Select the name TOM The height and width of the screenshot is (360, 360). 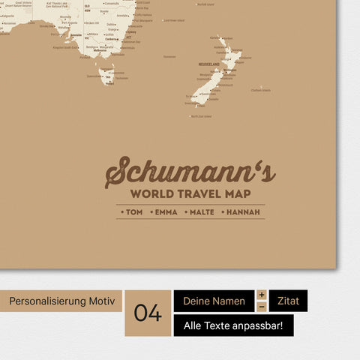(133, 212)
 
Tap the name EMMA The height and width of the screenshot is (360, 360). (166, 212)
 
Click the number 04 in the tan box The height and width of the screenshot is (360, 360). (148, 313)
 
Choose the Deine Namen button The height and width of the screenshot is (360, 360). (214, 301)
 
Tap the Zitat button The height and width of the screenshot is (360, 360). (288, 301)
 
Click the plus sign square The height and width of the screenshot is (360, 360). (262, 295)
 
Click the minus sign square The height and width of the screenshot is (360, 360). (262, 307)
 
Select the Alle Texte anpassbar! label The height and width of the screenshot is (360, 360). (233, 325)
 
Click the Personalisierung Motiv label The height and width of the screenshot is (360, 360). (61, 301)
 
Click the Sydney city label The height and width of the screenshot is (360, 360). (132, 33)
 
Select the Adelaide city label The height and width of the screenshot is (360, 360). (76, 34)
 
